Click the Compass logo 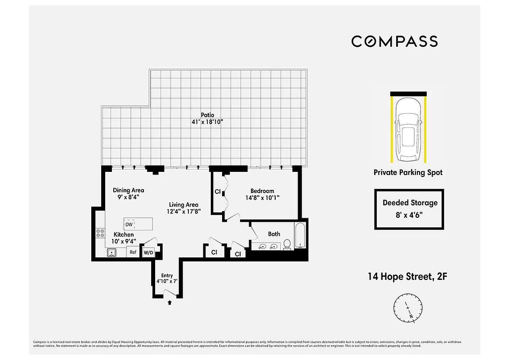[x=394, y=41]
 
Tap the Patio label [x=207, y=115]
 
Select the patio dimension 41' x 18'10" [x=207, y=122]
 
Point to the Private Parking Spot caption [x=408, y=172]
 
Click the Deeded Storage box [x=410, y=209]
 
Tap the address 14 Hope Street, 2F [x=407, y=276]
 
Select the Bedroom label [x=262, y=191]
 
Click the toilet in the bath [x=288, y=244]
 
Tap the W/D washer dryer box [x=148, y=253]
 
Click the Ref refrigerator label [x=133, y=252]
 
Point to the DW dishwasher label [x=129, y=224]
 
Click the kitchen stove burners [x=100, y=233]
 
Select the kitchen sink [x=112, y=253]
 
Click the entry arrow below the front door [x=170, y=303]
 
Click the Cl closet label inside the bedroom [x=218, y=192]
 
